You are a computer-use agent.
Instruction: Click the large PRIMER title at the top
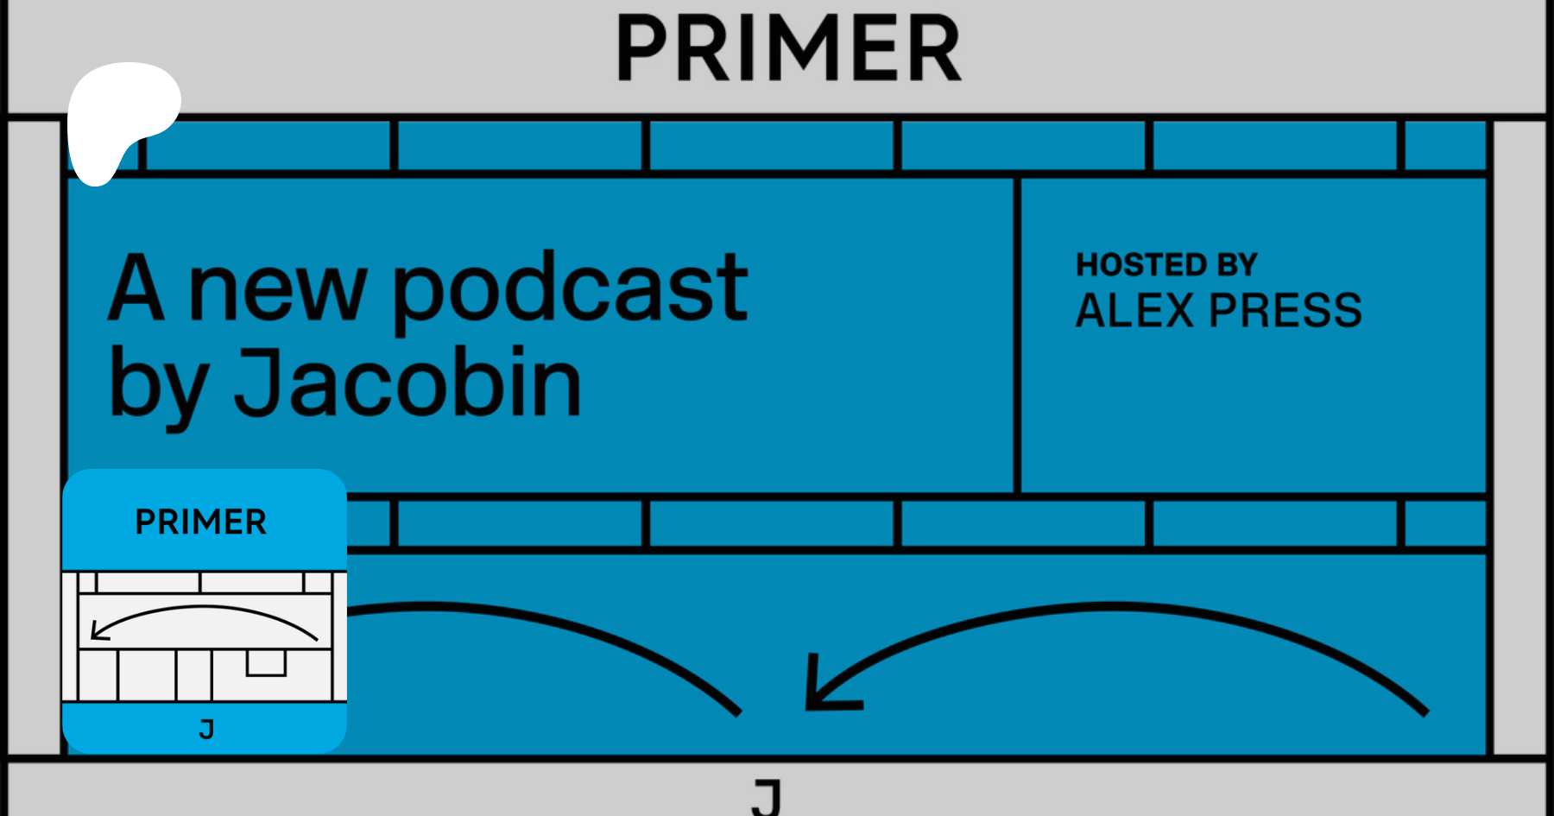tap(789, 48)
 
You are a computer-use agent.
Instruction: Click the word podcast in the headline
tap(570, 290)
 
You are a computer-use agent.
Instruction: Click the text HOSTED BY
tap(1166, 265)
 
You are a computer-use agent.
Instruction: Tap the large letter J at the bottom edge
tap(767, 796)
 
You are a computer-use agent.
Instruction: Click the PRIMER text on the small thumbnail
tap(201, 522)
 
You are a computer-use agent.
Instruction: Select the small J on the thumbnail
tap(206, 730)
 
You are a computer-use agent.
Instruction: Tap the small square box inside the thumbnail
tap(266, 663)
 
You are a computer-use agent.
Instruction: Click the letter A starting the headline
tap(136, 288)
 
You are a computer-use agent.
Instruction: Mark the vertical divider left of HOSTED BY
tap(1017, 335)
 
